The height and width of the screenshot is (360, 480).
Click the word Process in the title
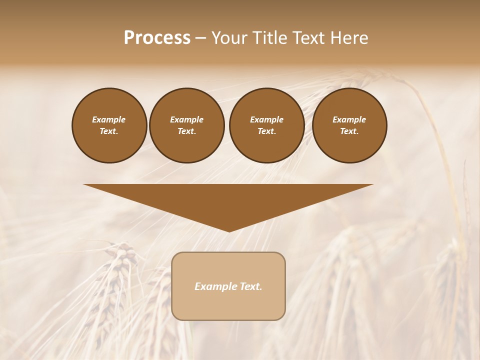tap(157, 38)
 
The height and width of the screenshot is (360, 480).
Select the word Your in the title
tap(229, 38)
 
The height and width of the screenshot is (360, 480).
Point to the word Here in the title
tap(348, 38)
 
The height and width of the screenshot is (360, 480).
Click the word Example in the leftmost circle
tap(109, 119)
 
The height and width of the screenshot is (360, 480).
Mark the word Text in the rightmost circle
tap(349, 131)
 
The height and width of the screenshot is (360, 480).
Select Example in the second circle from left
tap(186, 119)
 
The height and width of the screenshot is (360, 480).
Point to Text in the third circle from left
tap(266, 131)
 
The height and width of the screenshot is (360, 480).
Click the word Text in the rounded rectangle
tap(251, 286)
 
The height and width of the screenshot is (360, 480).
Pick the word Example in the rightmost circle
tap(349, 119)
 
